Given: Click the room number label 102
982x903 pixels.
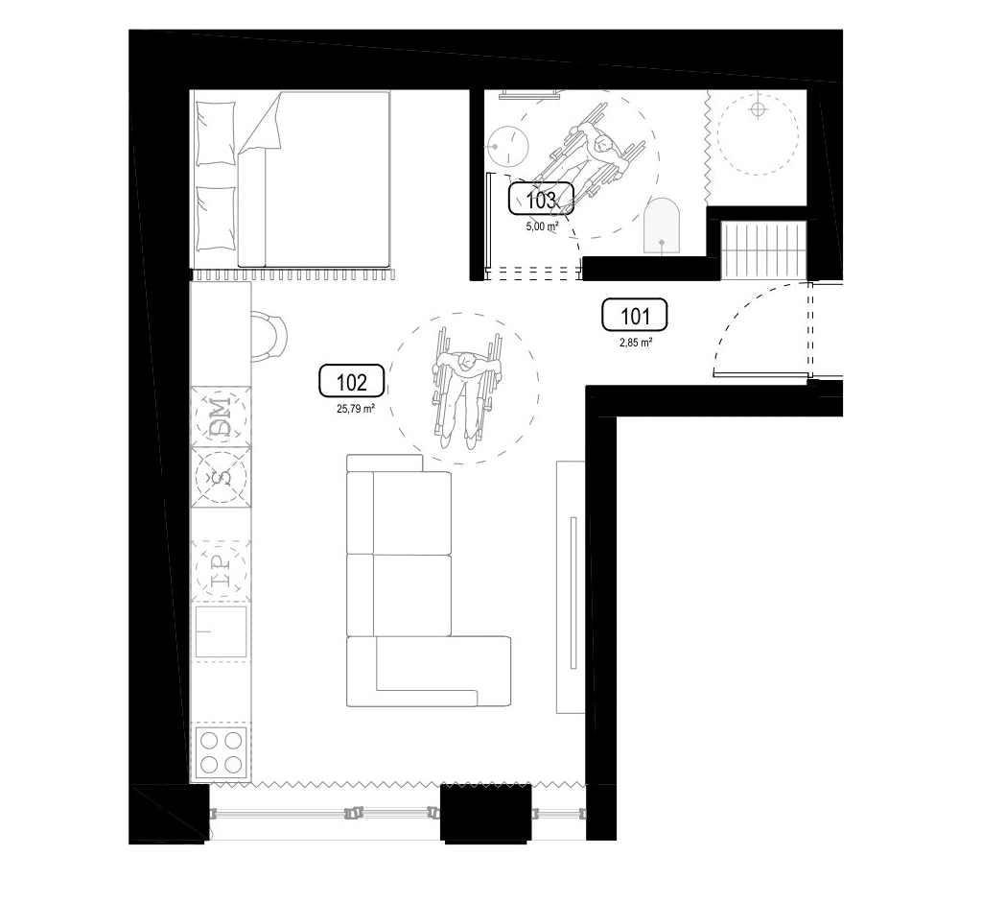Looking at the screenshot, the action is [351, 381].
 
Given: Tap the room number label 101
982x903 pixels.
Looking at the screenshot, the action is [635, 315].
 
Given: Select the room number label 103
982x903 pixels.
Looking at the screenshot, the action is [541, 200].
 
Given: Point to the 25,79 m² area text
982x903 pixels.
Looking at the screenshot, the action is [355, 410].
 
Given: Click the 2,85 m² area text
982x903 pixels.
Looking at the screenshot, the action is [637, 343].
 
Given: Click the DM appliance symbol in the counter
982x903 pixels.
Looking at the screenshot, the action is [221, 416].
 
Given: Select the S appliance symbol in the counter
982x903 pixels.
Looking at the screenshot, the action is [221, 477].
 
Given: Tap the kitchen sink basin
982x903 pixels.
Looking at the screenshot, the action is [221, 631].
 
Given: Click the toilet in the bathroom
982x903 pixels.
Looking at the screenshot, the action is [662, 226].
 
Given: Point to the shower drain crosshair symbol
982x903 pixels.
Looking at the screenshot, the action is [758, 110].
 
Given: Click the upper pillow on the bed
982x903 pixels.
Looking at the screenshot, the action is [216, 134].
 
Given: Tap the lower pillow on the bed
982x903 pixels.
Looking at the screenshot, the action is [216, 219].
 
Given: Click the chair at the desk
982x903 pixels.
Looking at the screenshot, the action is [269, 337].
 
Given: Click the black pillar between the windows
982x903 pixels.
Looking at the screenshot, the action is [486, 812].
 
